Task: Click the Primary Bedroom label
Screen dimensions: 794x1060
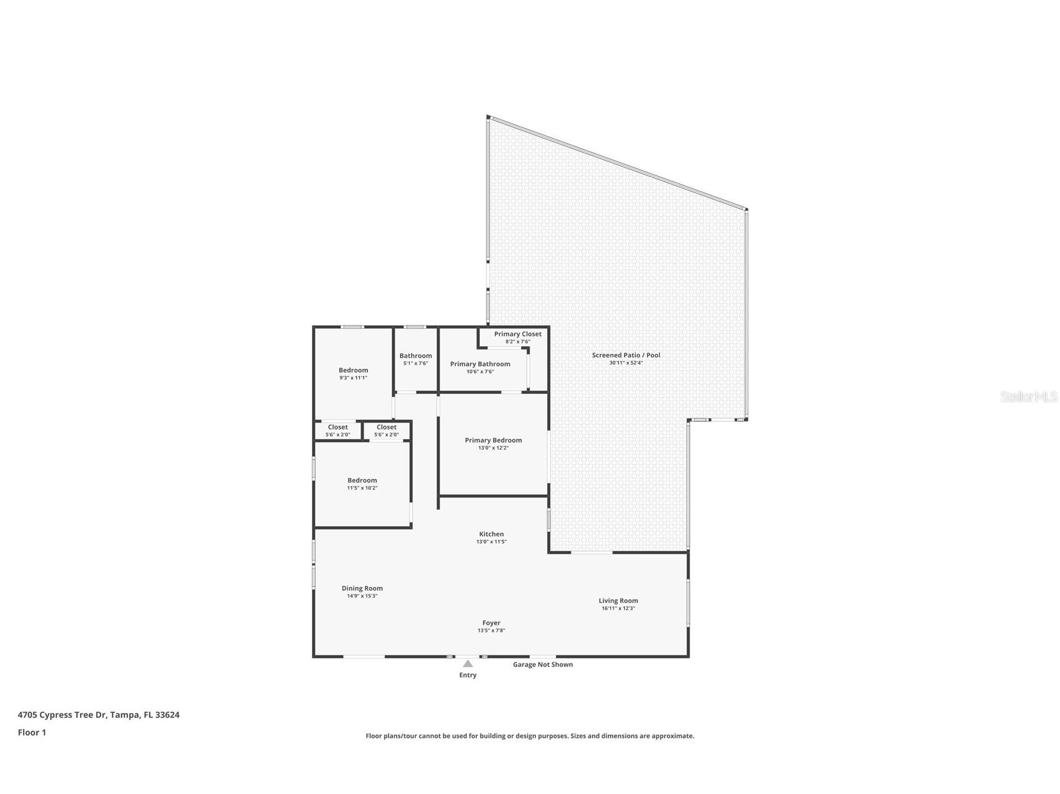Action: [x=493, y=440]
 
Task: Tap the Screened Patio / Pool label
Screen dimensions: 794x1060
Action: [x=626, y=355]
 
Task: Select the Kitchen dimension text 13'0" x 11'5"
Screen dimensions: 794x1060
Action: [x=491, y=542]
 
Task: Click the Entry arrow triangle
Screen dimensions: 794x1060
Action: [x=468, y=664]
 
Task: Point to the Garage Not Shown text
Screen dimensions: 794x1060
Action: [x=543, y=664]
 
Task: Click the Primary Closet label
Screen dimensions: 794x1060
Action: [x=518, y=334]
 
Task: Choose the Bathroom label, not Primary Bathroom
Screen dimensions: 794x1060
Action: [x=415, y=356]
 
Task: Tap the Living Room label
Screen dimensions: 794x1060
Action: [x=618, y=600]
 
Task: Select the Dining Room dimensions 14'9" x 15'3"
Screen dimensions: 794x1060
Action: [x=362, y=596]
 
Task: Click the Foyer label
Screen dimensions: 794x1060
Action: [x=491, y=623]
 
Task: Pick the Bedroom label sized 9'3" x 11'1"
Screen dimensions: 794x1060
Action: [x=354, y=370]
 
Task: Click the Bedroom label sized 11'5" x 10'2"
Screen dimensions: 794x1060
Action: [x=362, y=481]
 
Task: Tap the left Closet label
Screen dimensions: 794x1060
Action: [x=338, y=427]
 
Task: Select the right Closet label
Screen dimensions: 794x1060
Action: [x=387, y=427]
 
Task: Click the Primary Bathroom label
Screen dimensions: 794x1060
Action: [x=480, y=364]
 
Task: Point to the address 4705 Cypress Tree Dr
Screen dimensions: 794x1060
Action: [x=99, y=715]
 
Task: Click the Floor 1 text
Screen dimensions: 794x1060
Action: [x=32, y=732]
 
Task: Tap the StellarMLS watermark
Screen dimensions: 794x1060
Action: [x=1028, y=396]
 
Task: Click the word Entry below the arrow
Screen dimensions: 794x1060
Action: [x=468, y=675]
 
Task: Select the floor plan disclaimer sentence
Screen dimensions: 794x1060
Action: [x=530, y=736]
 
